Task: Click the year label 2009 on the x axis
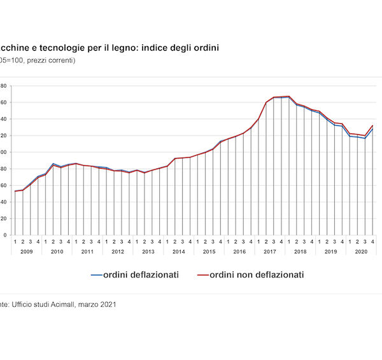tap(26, 252)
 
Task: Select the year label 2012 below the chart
tap(118, 252)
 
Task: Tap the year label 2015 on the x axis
tap(209, 252)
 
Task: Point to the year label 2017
tap(270, 252)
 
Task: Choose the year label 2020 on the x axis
tap(361, 252)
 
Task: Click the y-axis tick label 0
tap(4, 235)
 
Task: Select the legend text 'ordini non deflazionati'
tap(258, 275)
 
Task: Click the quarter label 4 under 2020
tap(372, 242)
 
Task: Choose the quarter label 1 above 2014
tap(167, 242)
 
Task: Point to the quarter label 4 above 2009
tap(38, 242)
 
